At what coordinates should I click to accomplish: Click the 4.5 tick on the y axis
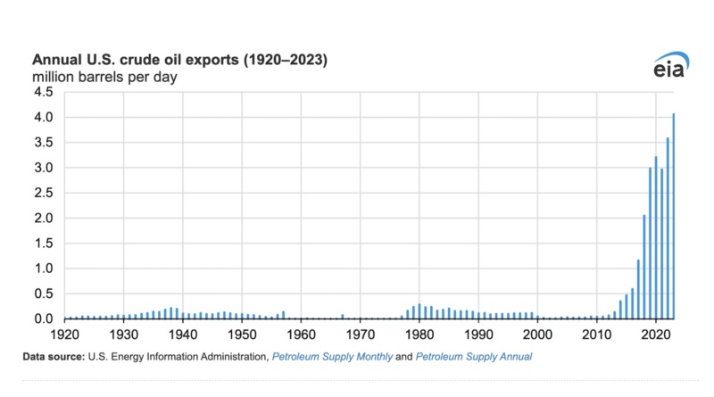point(43,92)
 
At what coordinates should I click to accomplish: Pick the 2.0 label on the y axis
point(43,219)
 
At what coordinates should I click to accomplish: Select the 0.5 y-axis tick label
point(43,294)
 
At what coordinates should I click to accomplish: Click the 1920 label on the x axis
point(65,333)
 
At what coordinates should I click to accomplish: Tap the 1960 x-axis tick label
point(302,333)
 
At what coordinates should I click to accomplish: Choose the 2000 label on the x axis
point(538,333)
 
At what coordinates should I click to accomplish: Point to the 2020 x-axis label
point(656,333)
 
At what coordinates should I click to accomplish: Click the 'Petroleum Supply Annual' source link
point(478,357)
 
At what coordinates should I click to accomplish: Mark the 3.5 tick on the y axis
point(43,143)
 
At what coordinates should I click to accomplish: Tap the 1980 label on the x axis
point(419,333)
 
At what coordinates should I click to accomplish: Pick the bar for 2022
point(668,228)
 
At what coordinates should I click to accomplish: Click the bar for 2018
point(644,267)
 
